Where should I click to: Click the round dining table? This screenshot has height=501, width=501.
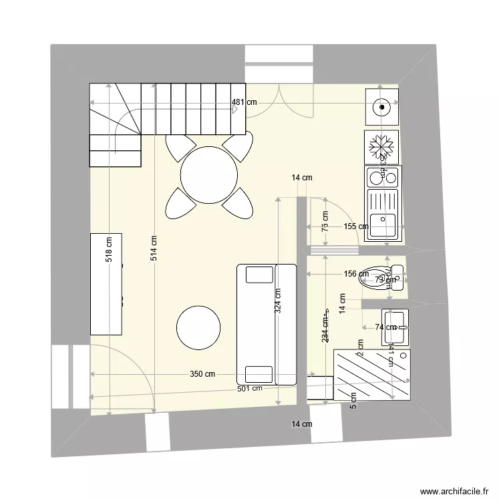coord(209,175)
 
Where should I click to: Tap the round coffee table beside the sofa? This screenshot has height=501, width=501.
coord(198,327)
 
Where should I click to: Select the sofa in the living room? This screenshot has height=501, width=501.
coord(266,324)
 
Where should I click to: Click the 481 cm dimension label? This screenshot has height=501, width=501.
coord(244,103)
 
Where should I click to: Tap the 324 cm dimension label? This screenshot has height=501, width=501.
coord(277,301)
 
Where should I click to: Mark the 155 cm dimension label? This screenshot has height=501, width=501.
coord(355,226)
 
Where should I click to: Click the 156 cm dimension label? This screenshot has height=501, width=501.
coord(355,273)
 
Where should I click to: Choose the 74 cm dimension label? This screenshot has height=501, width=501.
coord(385,327)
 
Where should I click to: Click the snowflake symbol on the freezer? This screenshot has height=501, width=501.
coord(382,146)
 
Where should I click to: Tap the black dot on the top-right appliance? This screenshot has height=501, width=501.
coord(381,105)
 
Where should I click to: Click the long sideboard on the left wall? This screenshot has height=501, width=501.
coord(106,284)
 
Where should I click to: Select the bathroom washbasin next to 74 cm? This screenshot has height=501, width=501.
coord(395,327)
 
